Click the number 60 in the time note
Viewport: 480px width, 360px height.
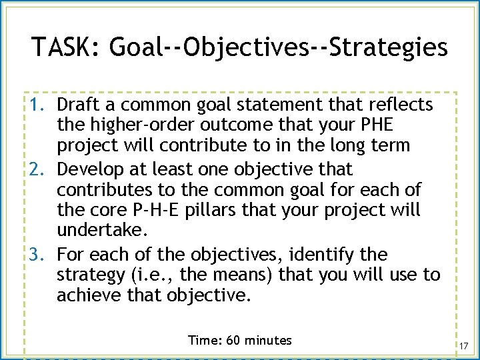pyautogui.click(x=233, y=341)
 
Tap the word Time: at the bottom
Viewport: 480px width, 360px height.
pyautogui.click(x=203, y=341)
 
